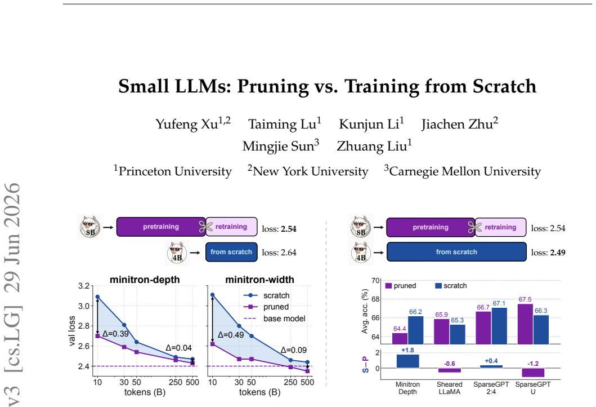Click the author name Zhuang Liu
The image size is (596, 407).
click(372, 146)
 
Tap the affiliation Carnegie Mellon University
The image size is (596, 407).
click(465, 171)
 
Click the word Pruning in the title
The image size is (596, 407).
click(273, 86)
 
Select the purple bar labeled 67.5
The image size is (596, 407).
click(525, 324)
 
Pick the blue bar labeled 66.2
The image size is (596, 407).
click(415, 330)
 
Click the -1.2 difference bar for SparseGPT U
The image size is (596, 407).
click(533, 373)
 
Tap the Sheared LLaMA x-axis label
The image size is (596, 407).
click(449, 388)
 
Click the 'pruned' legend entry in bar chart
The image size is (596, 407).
click(401, 286)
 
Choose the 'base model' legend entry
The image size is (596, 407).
click(275, 318)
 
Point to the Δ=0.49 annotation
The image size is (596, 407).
click(231, 335)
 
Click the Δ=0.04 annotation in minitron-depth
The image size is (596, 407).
click(178, 348)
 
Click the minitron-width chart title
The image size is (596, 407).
click(259, 280)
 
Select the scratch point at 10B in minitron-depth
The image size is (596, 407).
click(97, 297)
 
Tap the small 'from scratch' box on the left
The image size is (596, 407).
click(231, 252)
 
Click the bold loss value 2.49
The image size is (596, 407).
click(557, 253)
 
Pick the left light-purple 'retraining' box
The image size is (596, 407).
click(231, 227)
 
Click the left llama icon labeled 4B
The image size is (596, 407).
click(177, 253)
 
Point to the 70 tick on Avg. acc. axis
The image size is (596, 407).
click(375, 281)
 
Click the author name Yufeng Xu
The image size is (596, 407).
click(193, 123)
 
